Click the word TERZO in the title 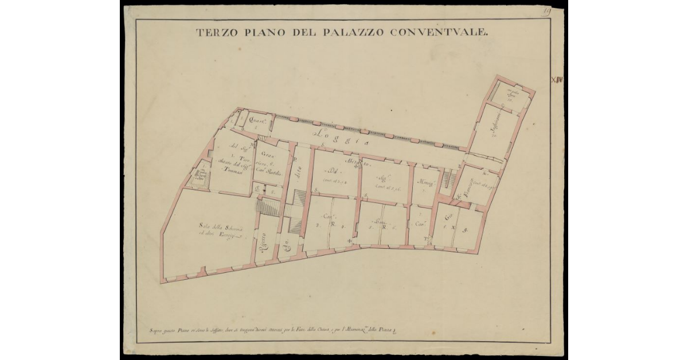216,33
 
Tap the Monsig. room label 425,183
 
